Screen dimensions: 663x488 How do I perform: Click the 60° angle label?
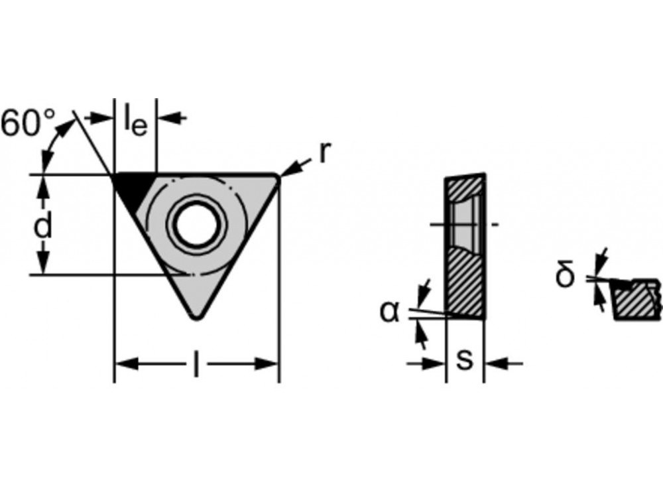pyautogui.click(x=28, y=123)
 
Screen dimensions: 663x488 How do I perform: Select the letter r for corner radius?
pyautogui.click(x=324, y=152)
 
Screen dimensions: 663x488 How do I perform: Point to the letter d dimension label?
pyautogui.click(x=42, y=225)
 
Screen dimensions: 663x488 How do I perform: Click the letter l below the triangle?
pyautogui.click(x=196, y=363)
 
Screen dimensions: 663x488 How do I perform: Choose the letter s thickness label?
pyautogui.click(x=465, y=360)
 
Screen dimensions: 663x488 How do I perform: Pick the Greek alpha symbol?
pyautogui.click(x=389, y=312)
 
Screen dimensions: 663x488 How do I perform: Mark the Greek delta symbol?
pyautogui.click(x=566, y=273)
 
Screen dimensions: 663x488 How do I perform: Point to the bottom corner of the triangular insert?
pyautogui.click(x=196, y=318)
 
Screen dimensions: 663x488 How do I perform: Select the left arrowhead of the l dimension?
pyautogui.click(x=127, y=363)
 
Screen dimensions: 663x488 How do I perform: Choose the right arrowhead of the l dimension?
pyautogui.click(x=266, y=363)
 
